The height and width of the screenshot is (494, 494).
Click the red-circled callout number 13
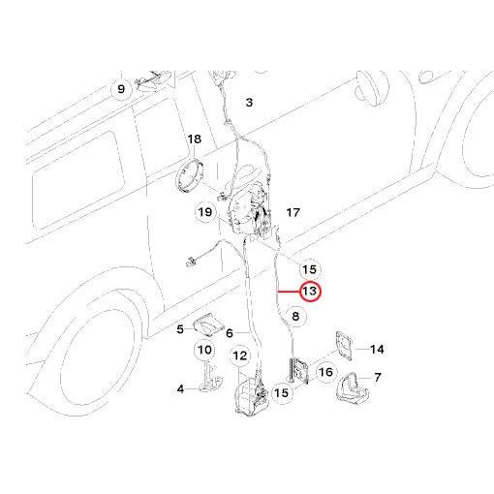click(x=310, y=292)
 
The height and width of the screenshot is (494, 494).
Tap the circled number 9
click(x=121, y=89)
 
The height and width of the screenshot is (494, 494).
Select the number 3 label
click(x=249, y=103)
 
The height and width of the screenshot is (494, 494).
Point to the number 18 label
click(x=194, y=139)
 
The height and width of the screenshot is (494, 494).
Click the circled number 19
click(x=205, y=212)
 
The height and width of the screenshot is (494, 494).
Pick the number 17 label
click(x=293, y=213)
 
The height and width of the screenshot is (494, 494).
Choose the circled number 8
click(x=295, y=316)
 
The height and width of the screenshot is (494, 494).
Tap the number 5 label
click(x=180, y=329)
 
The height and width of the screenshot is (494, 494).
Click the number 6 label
click(x=230, y=333)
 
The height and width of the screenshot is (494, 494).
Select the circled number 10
click(x=204, y=350)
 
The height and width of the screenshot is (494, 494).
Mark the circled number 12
click(x=239, y=355)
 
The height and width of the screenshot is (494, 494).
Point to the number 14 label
click(x=377, y=350)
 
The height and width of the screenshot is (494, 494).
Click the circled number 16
click(x=325, y=372)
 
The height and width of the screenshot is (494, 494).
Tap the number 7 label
click(x=378, y=377)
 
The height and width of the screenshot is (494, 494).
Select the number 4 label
click(x=180, y=389)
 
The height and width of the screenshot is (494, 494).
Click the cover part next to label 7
click(x=352, y=387)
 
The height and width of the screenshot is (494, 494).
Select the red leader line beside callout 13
click(x=289, y=292)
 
